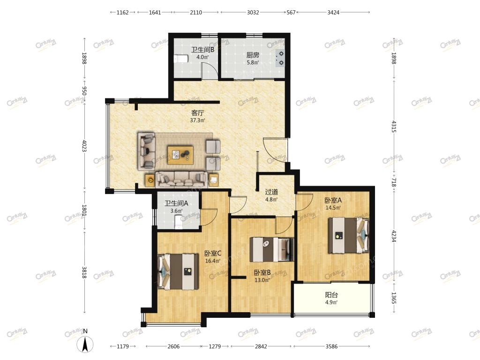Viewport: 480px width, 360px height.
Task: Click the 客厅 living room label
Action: (197, 112)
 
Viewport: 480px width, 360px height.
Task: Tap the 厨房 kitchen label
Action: (253, 55)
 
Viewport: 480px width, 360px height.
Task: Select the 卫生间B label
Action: (202, 50)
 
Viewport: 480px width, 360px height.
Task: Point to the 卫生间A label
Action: (176, 203)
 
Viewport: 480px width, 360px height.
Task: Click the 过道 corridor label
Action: (271, 192)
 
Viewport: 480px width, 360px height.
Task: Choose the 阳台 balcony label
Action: (331, 295)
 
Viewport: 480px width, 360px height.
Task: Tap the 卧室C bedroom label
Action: (213, 254)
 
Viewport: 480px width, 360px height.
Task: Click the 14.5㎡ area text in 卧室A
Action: (333, 208)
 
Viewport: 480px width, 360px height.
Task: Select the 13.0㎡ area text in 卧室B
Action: (262, 280)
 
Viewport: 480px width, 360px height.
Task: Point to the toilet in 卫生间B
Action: (180, 59)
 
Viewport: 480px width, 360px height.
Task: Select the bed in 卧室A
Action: (349, 235)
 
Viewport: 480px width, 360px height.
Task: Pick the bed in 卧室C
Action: (178, 271)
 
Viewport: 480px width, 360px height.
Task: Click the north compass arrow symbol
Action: (85, 344)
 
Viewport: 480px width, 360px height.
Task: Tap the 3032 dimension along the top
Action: (253, 13)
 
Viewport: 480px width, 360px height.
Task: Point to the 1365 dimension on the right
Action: (394, 298)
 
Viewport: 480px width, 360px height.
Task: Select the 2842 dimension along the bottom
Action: (261, 346)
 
